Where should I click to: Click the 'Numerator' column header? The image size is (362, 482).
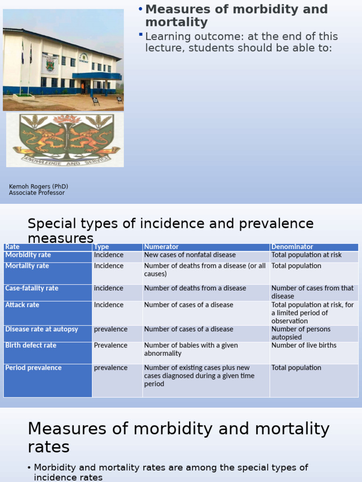coord(161,247)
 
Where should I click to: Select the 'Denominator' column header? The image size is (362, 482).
coord(292,247)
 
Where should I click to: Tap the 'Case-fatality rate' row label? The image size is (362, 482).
coord(32,288)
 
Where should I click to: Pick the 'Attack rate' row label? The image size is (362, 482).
coord(22,305)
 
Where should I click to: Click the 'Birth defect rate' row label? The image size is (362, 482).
coord(31,345)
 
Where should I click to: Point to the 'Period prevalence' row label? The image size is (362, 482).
coord(33,368)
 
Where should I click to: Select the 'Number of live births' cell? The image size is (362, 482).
coord(304,345)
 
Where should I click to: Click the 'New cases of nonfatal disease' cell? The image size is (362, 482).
coord(189,255)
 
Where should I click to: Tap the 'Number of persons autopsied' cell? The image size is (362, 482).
coord(301,333)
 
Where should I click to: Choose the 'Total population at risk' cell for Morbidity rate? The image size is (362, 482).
coord(306,255)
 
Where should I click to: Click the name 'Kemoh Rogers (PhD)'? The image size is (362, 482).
coord(39,186)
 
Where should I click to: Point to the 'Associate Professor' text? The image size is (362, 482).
coord(37,193)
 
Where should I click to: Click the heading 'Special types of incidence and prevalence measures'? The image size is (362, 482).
coord(170,230)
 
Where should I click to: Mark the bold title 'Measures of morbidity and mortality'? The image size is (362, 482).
coord(236,16)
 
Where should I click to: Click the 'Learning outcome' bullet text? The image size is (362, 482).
coord(241,42)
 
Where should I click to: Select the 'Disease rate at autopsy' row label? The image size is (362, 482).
coord(41,329)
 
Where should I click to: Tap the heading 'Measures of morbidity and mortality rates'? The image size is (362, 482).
coord(178,437)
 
